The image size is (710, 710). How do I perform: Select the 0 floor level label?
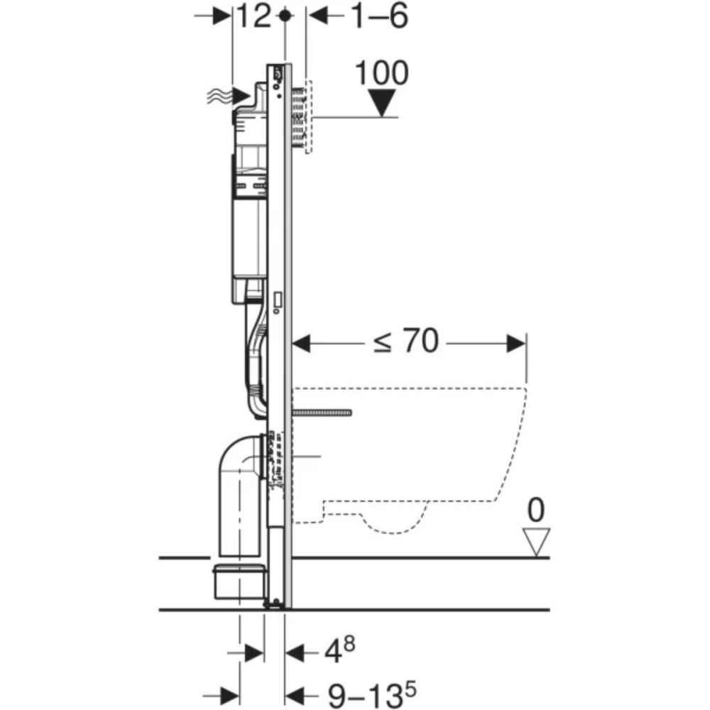[537, 510]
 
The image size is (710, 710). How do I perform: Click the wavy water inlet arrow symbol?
[227, 95]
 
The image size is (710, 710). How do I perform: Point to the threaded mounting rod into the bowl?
[323, 412]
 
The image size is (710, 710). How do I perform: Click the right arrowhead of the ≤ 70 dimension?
[517, 344]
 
